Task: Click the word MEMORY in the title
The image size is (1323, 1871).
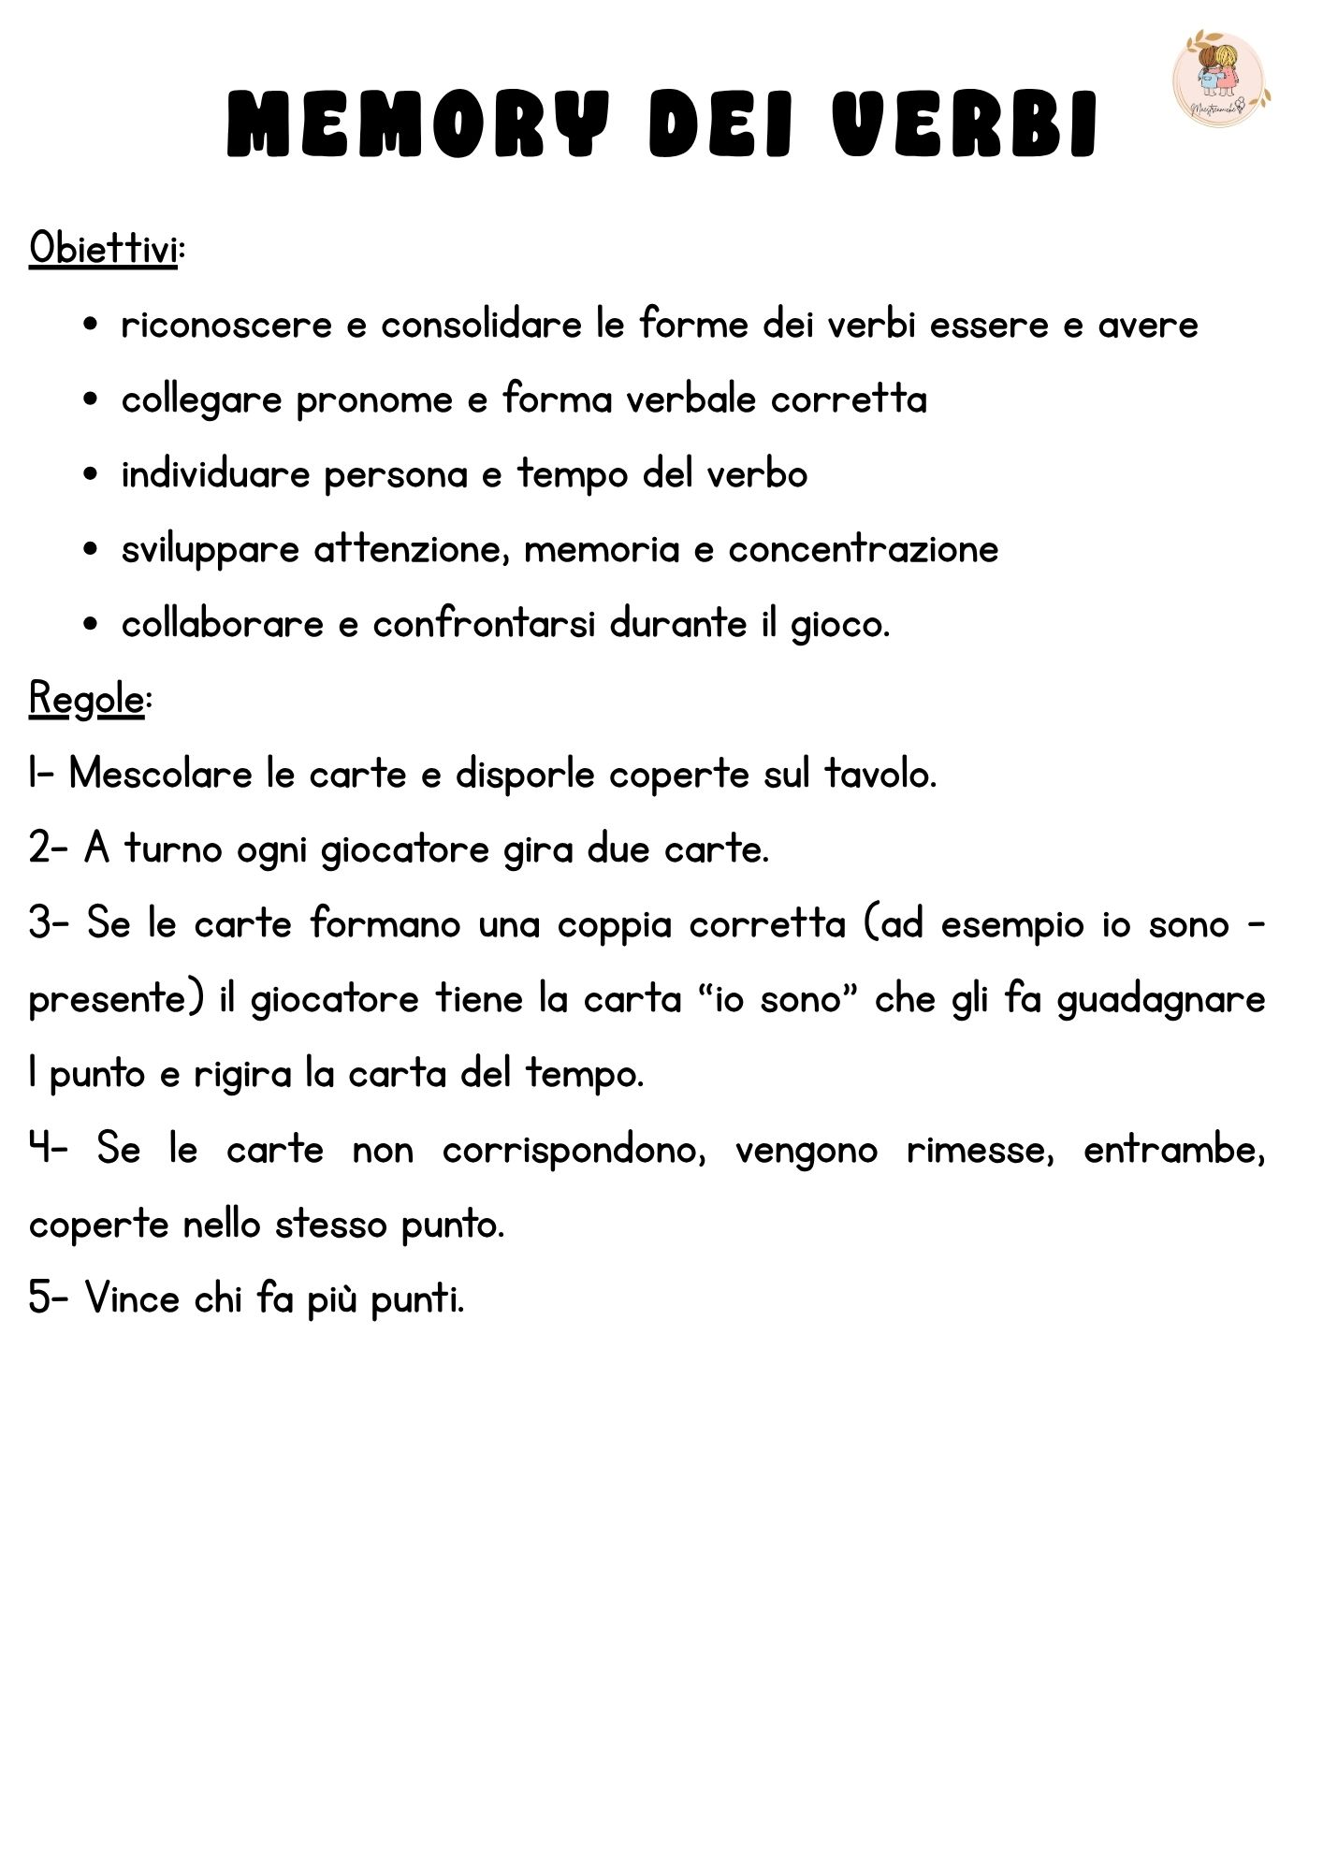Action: coord(418,123)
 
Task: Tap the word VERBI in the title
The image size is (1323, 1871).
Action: coord(965,123)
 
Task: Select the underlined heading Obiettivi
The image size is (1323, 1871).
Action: coord(103,249)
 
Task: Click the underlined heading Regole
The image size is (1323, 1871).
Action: coord(87,699)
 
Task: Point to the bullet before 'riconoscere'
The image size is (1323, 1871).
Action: coord(91,325)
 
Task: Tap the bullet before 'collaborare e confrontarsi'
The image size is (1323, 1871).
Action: coord(91,624)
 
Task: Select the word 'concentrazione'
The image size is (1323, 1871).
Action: coord(863,549)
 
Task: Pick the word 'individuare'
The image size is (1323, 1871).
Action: coord(215,474)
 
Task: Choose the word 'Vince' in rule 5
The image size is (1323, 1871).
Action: coord(132,1298)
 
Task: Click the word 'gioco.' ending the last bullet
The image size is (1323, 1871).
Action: coord(840,625)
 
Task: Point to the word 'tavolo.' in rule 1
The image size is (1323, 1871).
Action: coord(880,775)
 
